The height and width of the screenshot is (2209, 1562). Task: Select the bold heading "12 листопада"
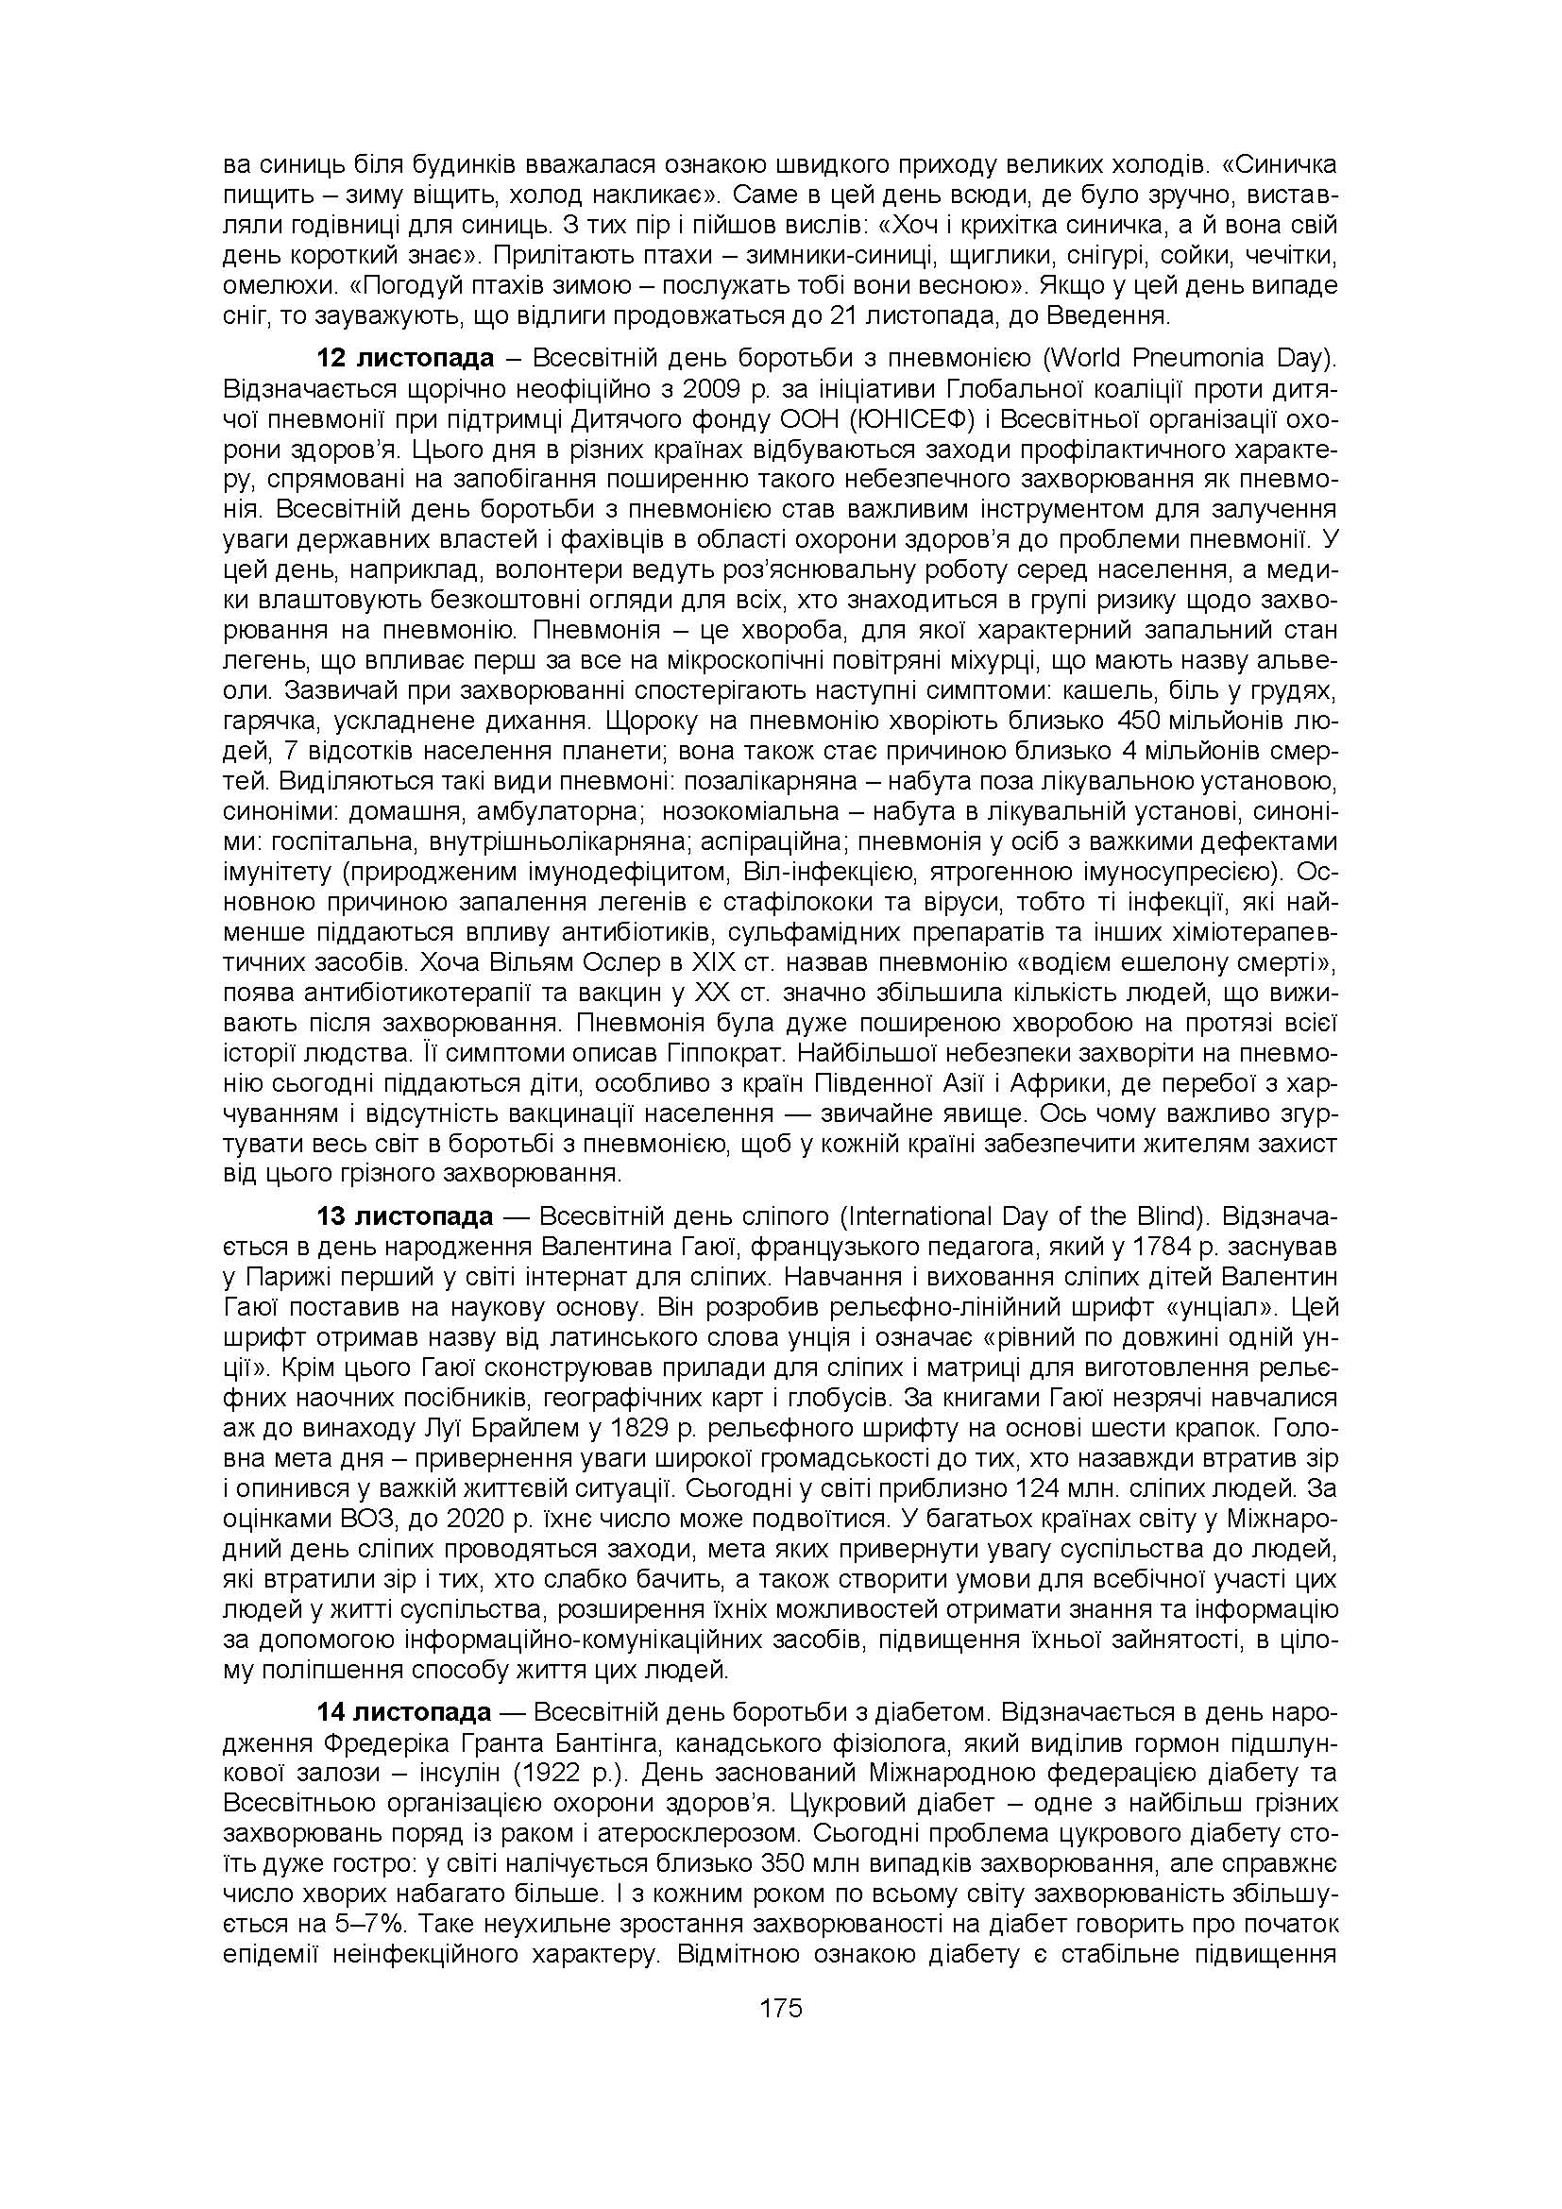tap(405, 359)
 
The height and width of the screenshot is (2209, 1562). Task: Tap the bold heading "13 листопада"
tap(405, 1216)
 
